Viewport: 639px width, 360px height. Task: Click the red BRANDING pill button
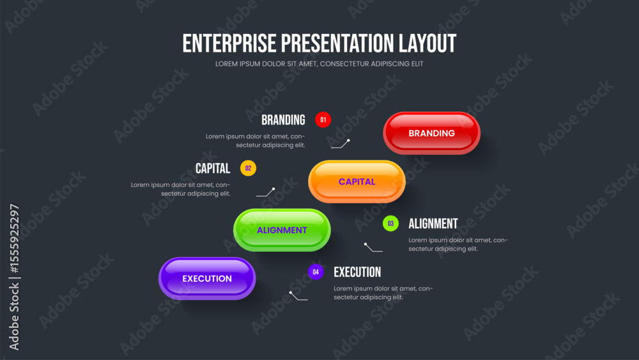(431, 133)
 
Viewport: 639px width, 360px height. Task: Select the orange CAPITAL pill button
(357, 182)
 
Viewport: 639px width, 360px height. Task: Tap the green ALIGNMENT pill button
(282, 230)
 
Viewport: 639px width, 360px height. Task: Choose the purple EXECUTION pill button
(207, 278)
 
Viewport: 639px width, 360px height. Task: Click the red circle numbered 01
(323, 120)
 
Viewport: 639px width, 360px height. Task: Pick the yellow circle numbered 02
(248, 168)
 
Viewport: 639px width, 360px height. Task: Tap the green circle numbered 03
(390, 223)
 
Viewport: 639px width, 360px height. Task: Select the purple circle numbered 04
(316, 272)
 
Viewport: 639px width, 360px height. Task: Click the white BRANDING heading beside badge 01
(283, 120)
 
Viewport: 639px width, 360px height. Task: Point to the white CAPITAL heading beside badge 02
(213, 168)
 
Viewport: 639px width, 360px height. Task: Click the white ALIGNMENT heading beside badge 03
(433, 224)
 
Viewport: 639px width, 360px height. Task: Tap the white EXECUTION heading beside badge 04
(357, 272)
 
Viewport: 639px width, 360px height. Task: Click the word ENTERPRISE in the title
(229, 43)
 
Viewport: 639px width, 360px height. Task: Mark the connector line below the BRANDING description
(341, 144)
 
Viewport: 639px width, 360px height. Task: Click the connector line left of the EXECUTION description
(298, 296)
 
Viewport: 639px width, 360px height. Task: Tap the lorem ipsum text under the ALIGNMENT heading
(458, 244)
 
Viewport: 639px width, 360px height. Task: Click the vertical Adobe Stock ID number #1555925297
(14, 239)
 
